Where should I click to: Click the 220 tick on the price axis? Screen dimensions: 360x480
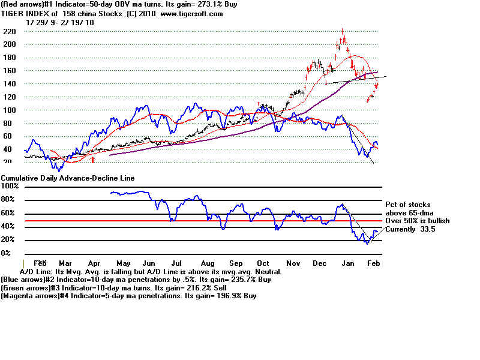click(9, 31)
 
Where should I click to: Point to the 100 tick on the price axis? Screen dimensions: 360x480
click(9, 110)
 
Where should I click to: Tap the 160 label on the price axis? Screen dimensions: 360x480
click(9, 71)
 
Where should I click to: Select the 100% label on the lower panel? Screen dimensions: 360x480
click(10, 187)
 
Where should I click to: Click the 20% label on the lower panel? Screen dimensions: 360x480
click(8, 240)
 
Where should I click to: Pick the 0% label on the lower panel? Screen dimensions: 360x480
click(6, 253)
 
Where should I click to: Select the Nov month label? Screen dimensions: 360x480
click(293, 263)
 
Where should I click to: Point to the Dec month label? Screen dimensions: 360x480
click(320, 263)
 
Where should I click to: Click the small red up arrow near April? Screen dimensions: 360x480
click(93, 160)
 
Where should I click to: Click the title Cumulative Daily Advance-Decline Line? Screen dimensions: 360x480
click(67, 178)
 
